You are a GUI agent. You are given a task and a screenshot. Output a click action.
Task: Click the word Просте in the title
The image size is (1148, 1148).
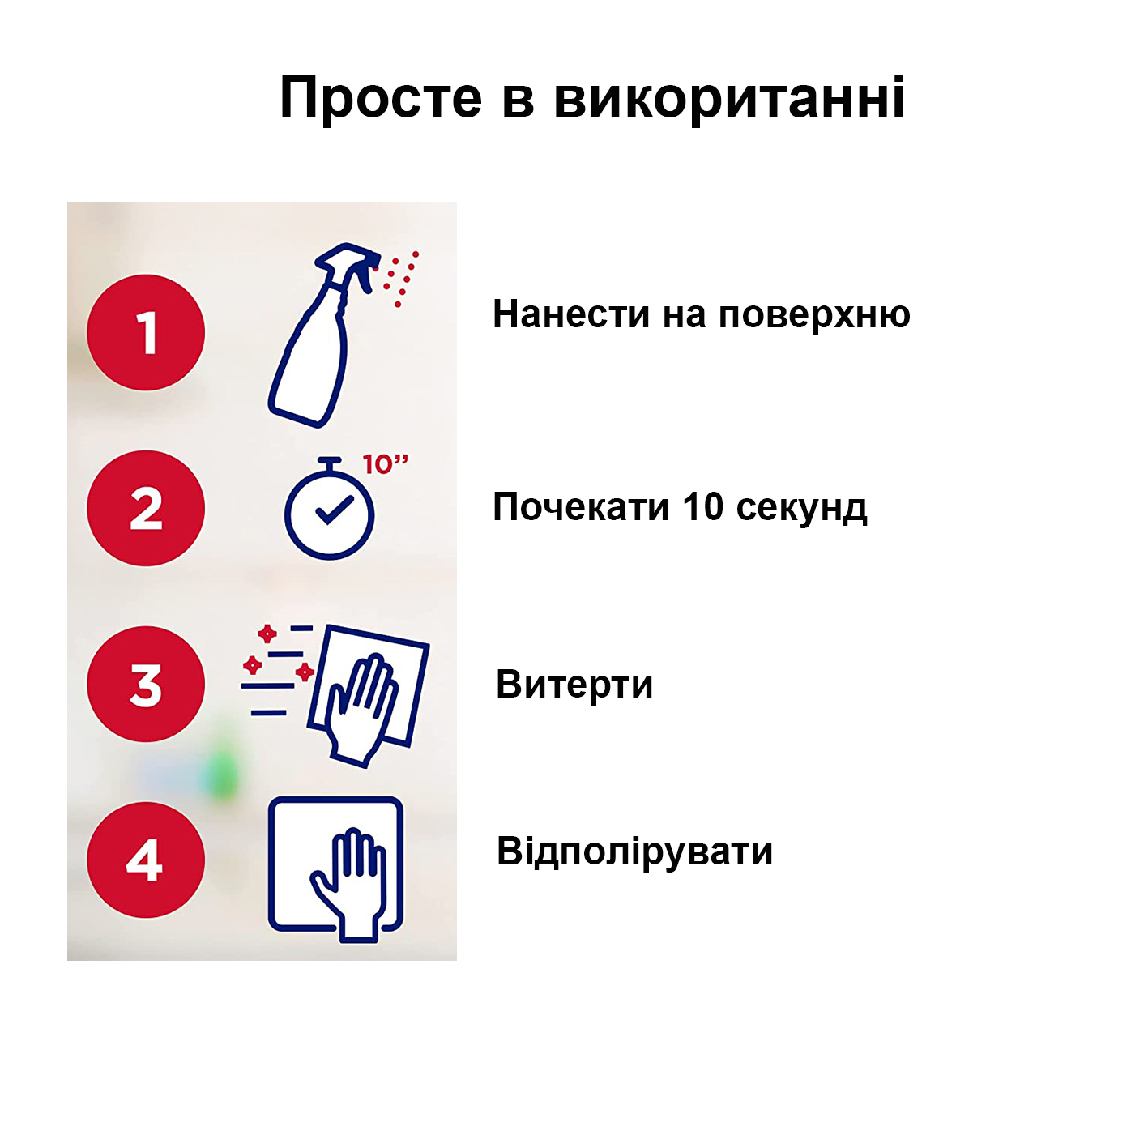381,98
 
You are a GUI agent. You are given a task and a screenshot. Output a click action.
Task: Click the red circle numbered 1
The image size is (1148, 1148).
146,332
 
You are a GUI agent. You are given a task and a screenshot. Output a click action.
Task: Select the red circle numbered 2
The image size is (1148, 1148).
146,508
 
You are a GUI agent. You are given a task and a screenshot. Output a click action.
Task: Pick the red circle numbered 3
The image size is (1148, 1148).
146,684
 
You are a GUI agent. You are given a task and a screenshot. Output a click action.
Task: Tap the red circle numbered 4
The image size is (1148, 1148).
146,860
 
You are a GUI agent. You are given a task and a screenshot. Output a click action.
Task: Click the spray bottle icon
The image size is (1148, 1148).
325,335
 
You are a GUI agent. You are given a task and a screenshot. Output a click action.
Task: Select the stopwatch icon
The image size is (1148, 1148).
330,510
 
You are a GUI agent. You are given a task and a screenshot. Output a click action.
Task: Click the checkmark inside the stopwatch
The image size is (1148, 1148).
335,510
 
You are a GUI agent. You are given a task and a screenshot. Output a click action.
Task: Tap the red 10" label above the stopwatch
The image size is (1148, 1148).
386,464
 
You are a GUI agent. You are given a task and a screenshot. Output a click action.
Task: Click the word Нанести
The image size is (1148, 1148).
571,314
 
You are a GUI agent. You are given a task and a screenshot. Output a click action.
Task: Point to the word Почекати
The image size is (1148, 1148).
581,507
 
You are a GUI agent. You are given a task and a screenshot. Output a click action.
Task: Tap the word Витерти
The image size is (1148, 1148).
574,684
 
